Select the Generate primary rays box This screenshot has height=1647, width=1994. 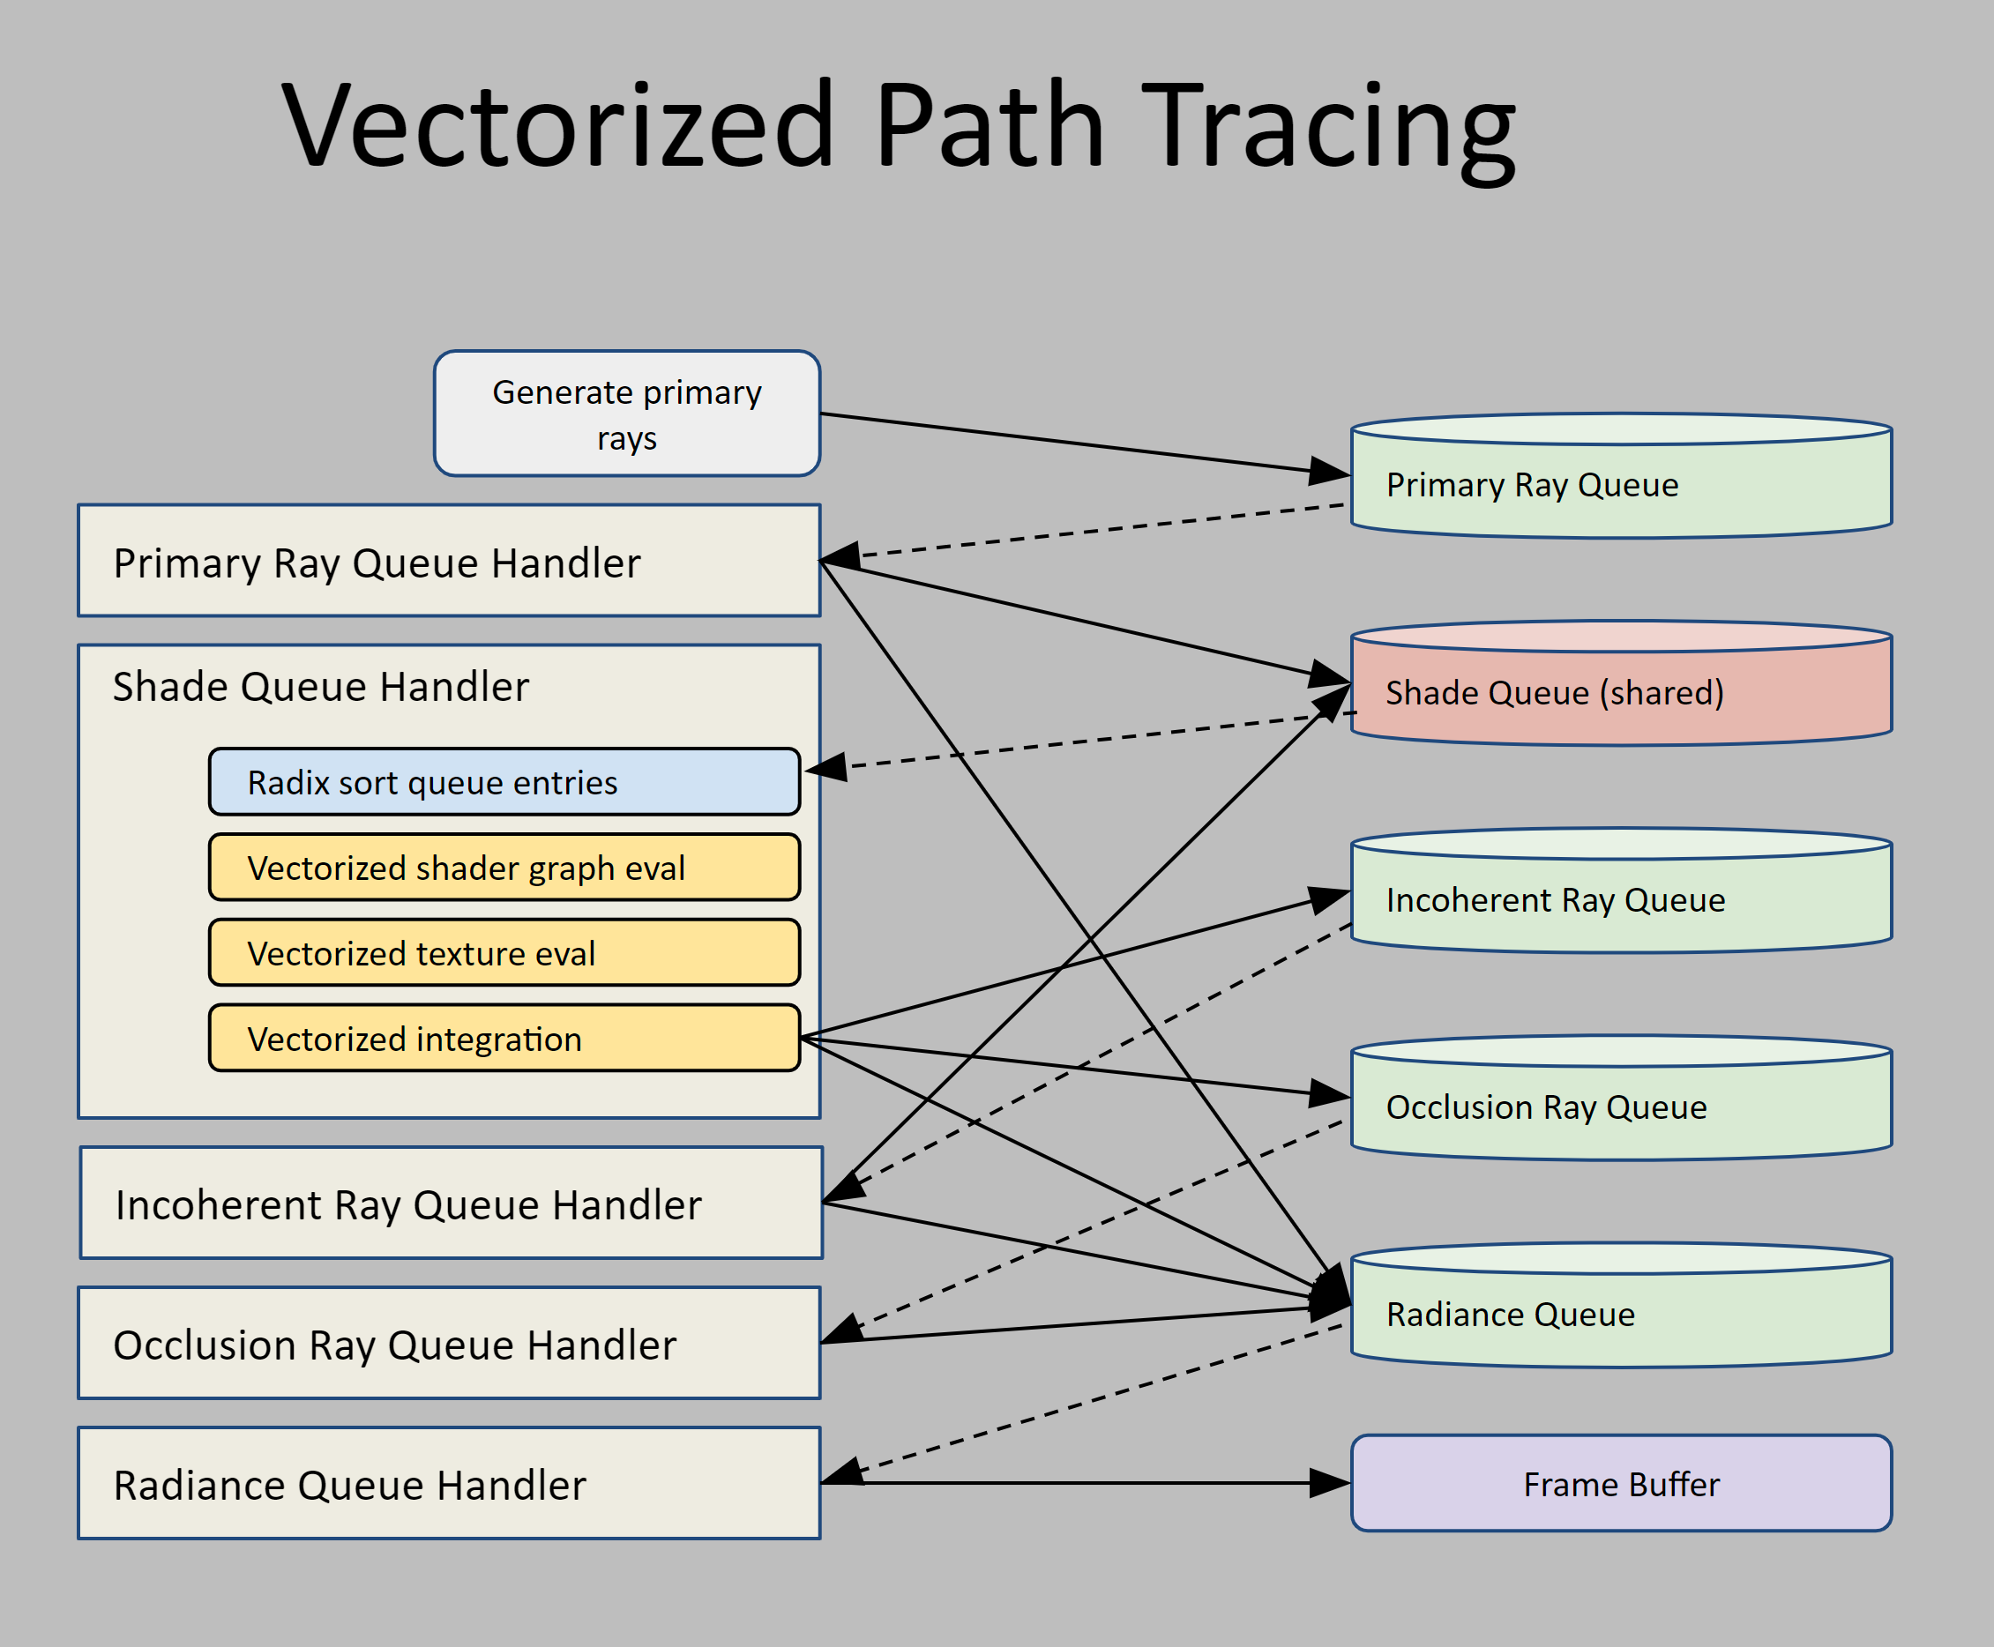(626, 414)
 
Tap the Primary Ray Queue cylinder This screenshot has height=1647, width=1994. (1621, 485)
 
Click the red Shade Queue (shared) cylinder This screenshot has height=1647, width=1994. (1621, 693)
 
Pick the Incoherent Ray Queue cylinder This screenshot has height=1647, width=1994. (1621, 899)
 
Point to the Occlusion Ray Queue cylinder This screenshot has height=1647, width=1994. (1621, 1107)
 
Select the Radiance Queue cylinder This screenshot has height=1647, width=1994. (1621, 1314)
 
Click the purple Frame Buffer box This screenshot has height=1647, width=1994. (1621, 1484)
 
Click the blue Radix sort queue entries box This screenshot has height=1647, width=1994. (504, 782)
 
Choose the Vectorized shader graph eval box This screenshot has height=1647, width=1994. (504, 867)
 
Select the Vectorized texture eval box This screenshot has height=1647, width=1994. (504, 952)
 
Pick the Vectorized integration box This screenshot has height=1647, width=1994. (504, 1038)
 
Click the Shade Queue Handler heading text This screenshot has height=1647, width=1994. (321, 686)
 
